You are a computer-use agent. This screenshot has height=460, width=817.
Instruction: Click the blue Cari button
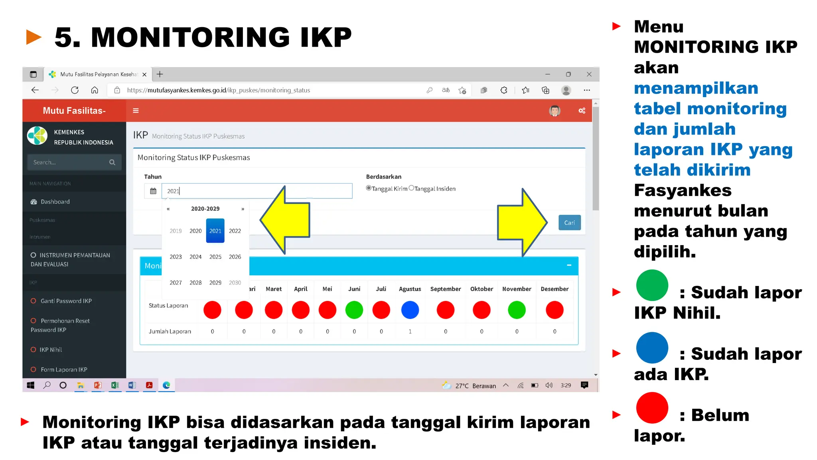click(569, 223)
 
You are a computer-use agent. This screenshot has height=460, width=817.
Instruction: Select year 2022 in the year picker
click(235, 231)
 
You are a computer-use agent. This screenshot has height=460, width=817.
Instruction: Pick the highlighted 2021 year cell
click(215, 231)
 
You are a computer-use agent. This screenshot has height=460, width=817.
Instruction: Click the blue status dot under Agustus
click(410, 310)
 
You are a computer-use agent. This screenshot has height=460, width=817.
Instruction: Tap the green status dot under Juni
click(354, 310)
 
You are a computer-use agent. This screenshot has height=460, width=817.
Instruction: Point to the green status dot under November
click(517, 310)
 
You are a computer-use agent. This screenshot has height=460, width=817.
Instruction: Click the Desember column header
click(555, 289)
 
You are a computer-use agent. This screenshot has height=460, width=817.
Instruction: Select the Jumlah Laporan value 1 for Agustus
click(410, 331)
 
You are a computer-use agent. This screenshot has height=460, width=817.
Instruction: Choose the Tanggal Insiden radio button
click(411, 188)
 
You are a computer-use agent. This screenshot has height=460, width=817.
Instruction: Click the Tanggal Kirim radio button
click(369, 188)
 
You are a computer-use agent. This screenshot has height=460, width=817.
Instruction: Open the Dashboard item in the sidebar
click(55, 202)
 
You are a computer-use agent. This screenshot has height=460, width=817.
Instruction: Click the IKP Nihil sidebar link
click(51, 350)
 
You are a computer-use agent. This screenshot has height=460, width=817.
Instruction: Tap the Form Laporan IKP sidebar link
click(64, 370)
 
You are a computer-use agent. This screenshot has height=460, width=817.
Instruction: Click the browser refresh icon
click(75, 90)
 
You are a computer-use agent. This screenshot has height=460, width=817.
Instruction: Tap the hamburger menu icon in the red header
click(136, 111)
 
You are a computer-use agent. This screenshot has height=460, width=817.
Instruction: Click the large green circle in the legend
click(652, 285)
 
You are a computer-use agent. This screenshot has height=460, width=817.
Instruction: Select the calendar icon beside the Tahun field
click(153, 191)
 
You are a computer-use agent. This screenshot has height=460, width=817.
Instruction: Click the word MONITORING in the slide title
click(190, 38)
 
